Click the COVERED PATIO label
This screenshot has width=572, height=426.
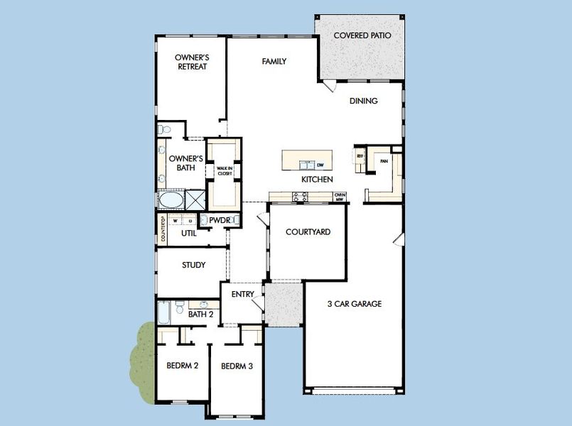pos(362,34)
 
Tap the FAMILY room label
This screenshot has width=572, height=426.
pos(274,62)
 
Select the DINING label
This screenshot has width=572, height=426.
pos(363,101)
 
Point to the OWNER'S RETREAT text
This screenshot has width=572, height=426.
pos(191,62)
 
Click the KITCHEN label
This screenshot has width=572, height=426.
pos(317,180)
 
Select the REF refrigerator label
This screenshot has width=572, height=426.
pos(360,155)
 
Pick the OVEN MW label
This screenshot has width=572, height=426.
pos(340,197)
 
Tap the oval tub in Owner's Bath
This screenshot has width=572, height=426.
pos(171,200)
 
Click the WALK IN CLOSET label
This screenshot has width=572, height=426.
pos(225,170)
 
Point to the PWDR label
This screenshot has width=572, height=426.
pos(220,221)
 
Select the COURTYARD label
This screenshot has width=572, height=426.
pos(308,232)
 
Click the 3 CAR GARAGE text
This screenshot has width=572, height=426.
pos(354,304)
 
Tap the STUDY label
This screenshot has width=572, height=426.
pos(193,266)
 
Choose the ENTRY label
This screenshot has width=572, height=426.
pos(242,295)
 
